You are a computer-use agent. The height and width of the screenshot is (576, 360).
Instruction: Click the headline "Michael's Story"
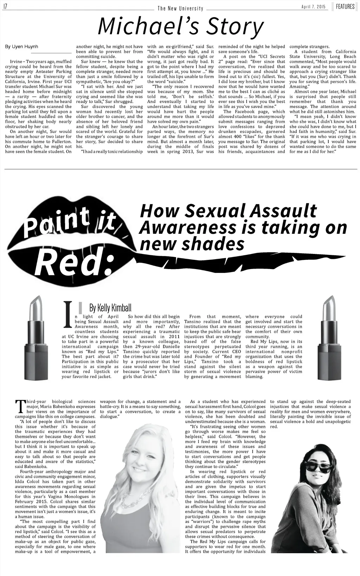point(181,26)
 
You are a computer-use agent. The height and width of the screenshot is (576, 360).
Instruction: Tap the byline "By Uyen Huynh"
point(21,46)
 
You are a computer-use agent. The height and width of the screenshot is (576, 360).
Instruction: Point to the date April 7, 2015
point(313,7)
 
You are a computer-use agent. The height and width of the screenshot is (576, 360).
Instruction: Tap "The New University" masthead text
point(180,8)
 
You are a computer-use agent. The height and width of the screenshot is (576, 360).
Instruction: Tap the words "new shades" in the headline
point(192,243)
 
